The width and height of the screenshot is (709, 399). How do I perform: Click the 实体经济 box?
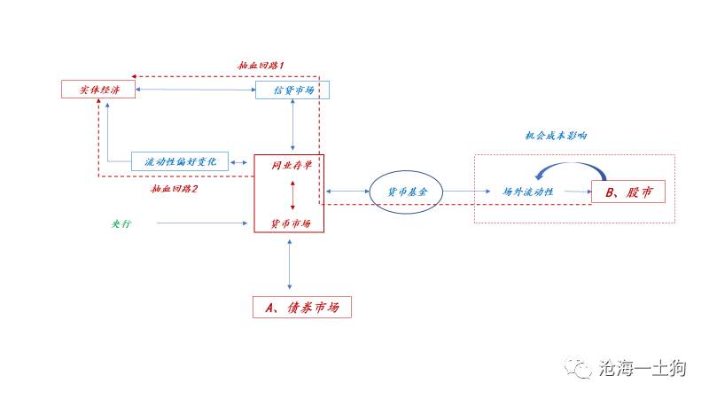(97, 90)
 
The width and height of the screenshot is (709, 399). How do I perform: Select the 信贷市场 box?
(292, 90)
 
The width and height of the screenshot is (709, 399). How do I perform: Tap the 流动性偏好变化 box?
(180, 161)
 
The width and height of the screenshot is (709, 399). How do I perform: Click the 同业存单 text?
(291, 166)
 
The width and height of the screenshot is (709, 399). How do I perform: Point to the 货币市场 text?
(291, 223)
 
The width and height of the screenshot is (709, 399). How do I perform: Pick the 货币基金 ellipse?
(406, 192)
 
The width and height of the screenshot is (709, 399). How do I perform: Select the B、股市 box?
(627, 192)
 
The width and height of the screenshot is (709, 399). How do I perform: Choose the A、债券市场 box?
(302, 307)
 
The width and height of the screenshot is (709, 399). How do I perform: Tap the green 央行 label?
(121, 223)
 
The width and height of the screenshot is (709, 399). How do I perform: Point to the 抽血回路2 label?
(175, 189)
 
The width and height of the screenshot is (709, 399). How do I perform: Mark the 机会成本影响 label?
(556, 136)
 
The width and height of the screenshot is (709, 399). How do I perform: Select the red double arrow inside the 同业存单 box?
(292, 195)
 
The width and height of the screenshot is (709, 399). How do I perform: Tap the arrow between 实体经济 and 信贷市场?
(195, 90)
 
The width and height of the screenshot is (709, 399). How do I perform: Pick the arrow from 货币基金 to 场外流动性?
(466, 192)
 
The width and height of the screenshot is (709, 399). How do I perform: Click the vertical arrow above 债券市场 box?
(290, 262)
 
